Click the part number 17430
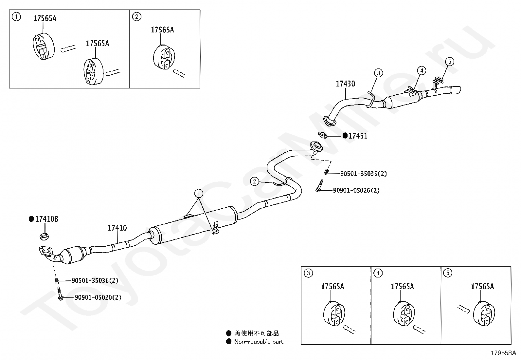click(x=345, y=84)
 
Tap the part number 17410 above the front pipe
click(x=117, y=228)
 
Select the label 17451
click(x=358, y=136)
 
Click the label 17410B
click(x=46, y=219)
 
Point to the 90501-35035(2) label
click(x=363, y=174)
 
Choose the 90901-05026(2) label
click(x=356, y=190)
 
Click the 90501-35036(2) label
click(x=95, y=280)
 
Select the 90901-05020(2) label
click(x=98, y=297)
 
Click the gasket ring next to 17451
click(x=323, y=134)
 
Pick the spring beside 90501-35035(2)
click(x=326, y=172)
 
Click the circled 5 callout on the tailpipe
click(x=450, y=62)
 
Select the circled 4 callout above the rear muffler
click(x=422, y=70)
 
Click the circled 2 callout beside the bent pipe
click(x=255, y=181)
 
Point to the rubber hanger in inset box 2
click(x=164, y=58)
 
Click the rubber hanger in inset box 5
click(x=484, y=314)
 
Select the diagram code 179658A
click(x=503, y=353)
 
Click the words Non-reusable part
click(x=259, y=342)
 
